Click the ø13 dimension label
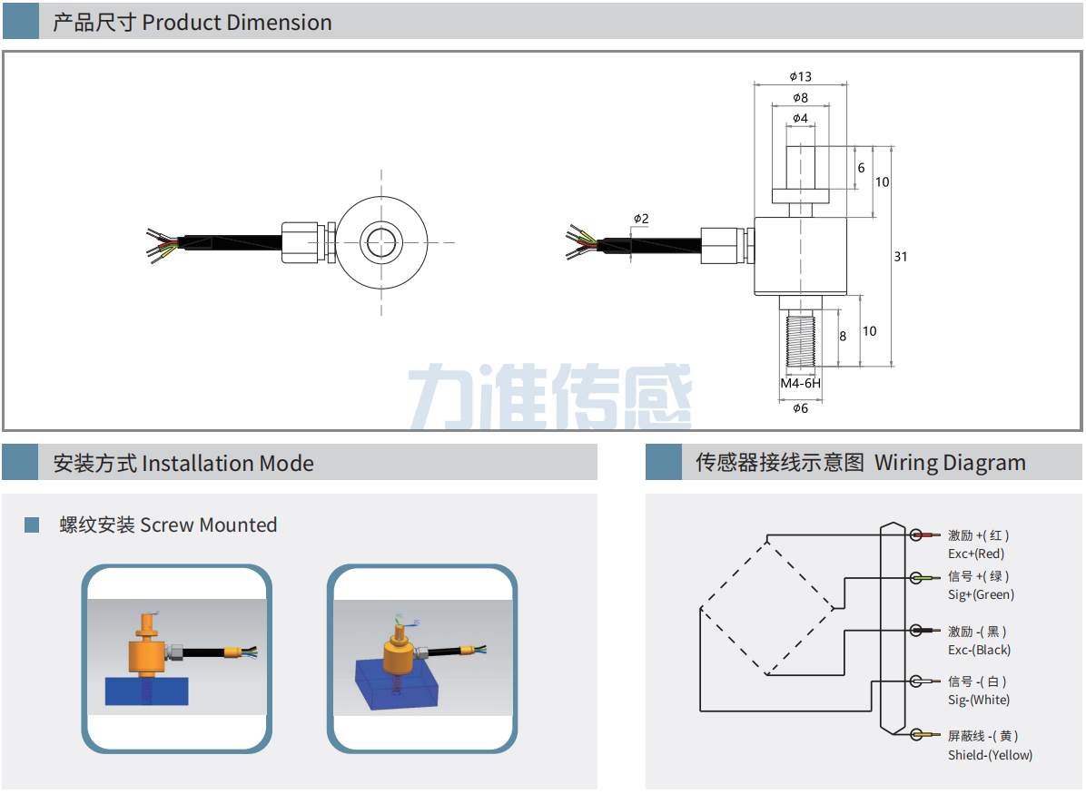click(800, 76)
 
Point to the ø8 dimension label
click(800, 97)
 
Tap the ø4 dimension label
click(800, 118)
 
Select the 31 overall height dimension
click(900, 257)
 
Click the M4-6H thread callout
click(801, 383)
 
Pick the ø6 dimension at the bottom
click(800, 408)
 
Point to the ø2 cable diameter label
click(641, 219)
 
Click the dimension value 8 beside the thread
click(843, 336)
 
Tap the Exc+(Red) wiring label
click(976, 554)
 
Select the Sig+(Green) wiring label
click(981, 594)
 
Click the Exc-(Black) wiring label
click(979, 650)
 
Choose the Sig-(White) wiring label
click(979, 700)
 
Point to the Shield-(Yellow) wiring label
click(990, 755)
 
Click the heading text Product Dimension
click(237, 23)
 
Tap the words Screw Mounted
click(208, 524)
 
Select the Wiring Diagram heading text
click(950, 463)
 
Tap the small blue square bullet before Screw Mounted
click(32, 524)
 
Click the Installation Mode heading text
click(228, 464)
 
